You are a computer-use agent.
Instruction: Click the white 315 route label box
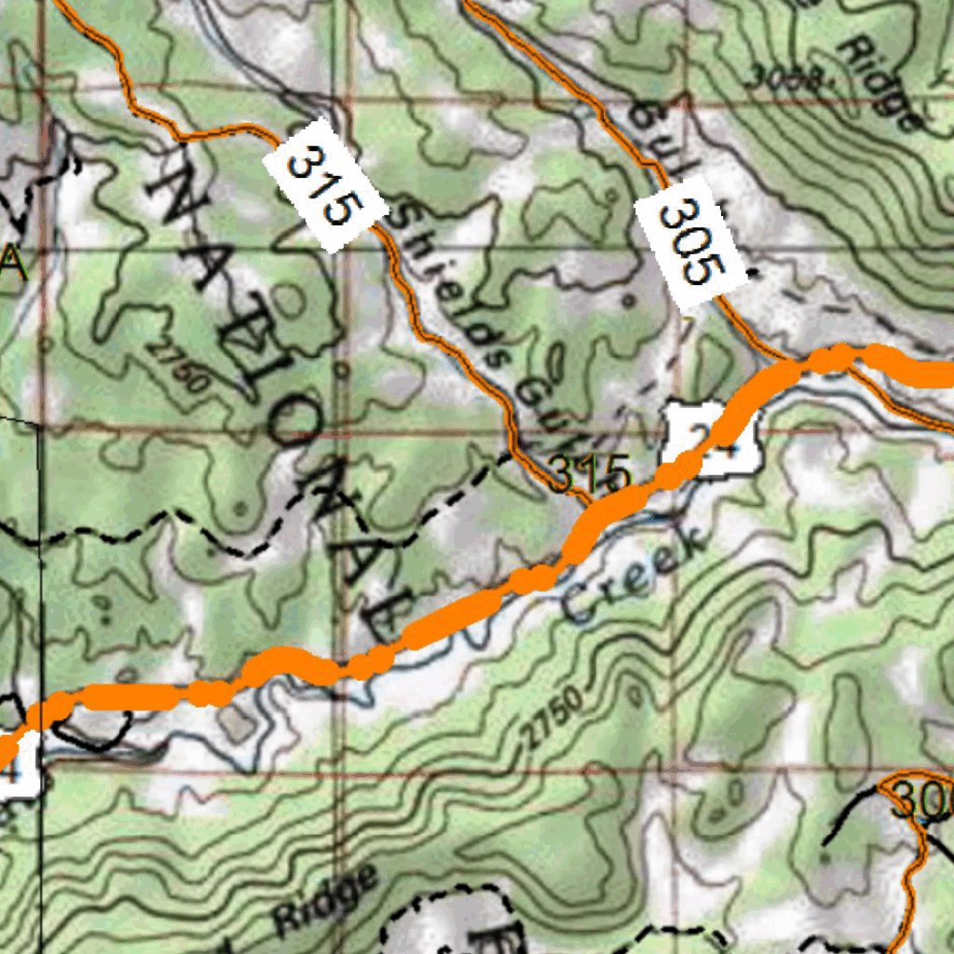(324, 184)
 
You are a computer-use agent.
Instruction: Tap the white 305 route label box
(691, 242)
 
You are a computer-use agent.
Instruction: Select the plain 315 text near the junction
(588, 475)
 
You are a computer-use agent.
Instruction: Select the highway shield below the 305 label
(712, 439)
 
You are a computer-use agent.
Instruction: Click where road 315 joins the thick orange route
(589, 508)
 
